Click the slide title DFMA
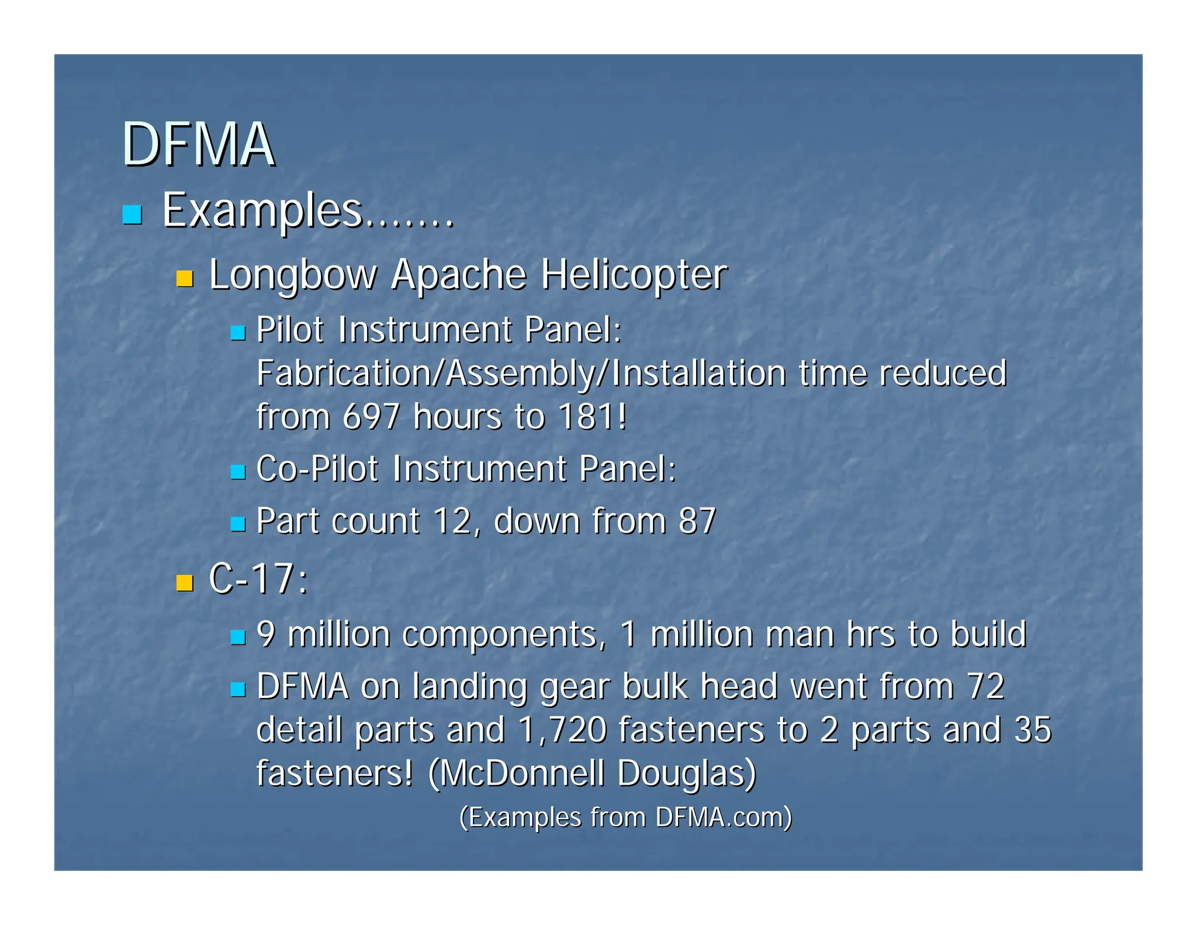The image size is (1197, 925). pos(198,144)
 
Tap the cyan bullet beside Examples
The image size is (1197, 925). pos(132,215)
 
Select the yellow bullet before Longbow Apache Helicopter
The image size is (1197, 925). pos(185,278)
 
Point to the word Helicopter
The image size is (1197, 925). pos(634,274)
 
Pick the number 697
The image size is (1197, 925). pos(371,416)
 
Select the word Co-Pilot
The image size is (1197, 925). pos(317,468)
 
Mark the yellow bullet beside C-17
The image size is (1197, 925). pos(185,583)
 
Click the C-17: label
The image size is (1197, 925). pos(258,579)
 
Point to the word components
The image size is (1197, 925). pos(500,634)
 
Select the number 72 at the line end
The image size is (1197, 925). pos(985,686)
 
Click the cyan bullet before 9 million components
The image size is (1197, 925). pos(237,637)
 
